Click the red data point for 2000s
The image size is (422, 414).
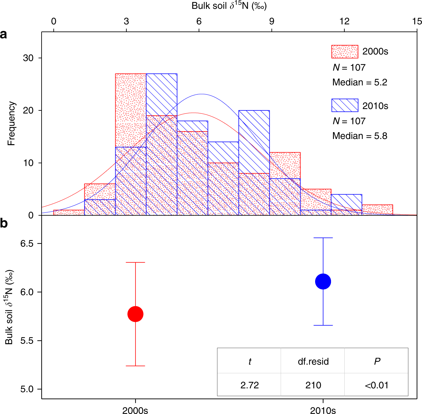point(135,314)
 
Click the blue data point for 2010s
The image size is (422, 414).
point(323,281)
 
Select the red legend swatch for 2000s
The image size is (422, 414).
point(345,52)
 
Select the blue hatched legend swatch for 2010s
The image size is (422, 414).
point(345,106)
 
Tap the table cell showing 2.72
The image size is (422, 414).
point(249,385)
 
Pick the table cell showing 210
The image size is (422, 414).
point(313,385)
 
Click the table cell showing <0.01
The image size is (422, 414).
point(377,385)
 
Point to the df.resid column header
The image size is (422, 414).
point(313,361)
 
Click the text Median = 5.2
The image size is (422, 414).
point(360,82)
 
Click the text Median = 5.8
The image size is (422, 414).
point(360,136)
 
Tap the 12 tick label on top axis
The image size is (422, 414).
point(344,21)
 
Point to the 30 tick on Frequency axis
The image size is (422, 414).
point(28,58)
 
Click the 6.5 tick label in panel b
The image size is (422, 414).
point(27,244)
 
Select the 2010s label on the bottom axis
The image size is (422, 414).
point(323,410)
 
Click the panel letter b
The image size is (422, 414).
point(4,224)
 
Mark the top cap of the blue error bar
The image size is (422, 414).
point(323,238)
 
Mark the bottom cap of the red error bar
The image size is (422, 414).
point(135,366)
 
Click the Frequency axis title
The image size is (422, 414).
point(11,123)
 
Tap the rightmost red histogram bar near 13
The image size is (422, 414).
point(377,210)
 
